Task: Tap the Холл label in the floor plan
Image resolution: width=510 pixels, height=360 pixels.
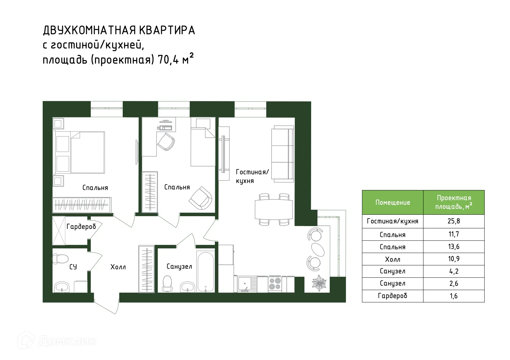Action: click(x=118, y=267)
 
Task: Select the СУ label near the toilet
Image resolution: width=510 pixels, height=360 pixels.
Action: click(x=73, y=267)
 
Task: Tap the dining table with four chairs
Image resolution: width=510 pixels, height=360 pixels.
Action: click(x=274, y=209)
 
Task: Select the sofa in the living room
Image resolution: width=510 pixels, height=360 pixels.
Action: click(x=282, y=154)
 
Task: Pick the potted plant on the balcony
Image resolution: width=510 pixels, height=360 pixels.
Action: click(x=319, y=283)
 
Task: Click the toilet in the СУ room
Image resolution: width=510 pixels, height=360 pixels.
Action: click(x=60, y=258)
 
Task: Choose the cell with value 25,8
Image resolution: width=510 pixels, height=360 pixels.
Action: click(x=454, y=221)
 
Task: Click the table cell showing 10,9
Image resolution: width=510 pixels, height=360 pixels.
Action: click(x=454, y=259)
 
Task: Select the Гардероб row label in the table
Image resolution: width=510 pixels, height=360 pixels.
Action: click(x=393, y=296)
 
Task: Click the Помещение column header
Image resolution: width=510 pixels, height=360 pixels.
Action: click(x=393, y=203)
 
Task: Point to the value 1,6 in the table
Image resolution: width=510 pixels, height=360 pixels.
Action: click(x=454, y=296)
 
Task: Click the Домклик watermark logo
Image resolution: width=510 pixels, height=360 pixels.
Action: click(x=57, y=340)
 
